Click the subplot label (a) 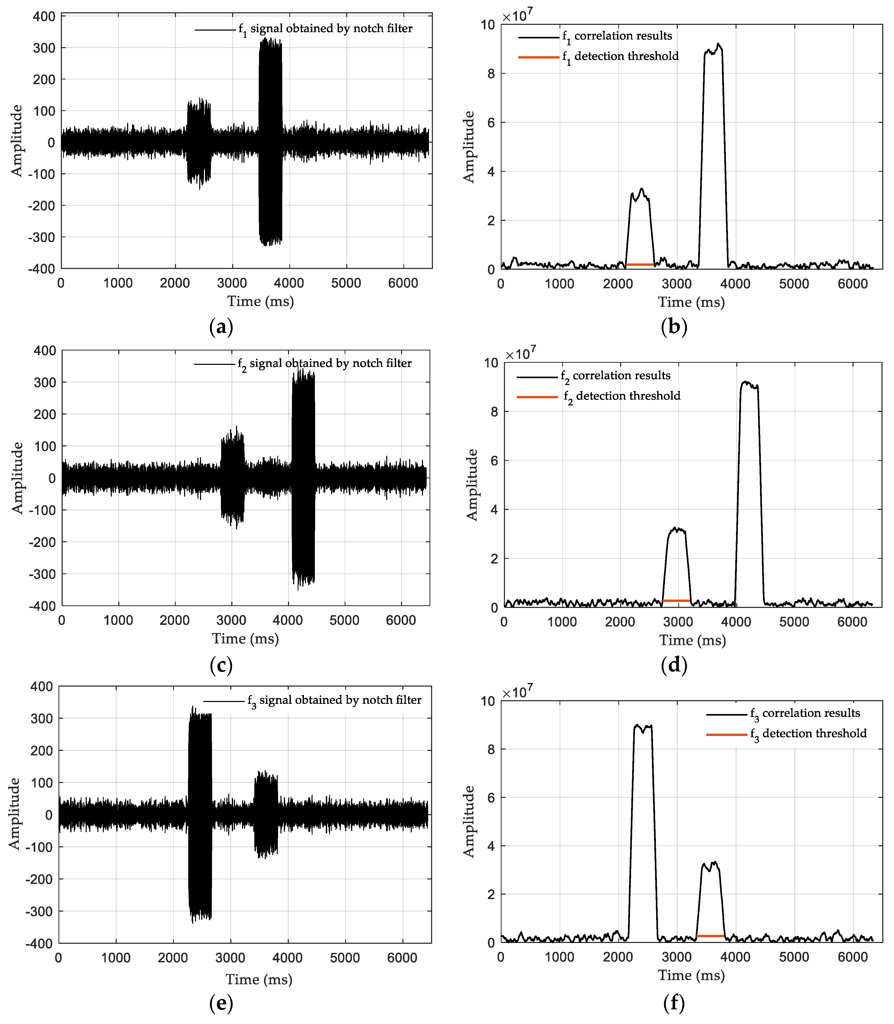(x=221, y=327)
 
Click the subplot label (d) (x=674, y=665)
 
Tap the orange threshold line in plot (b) (x=640, y=264)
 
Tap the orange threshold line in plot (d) (x=676, y=601)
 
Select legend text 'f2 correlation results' (x=621, y=376)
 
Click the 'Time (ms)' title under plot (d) (x=692, y=640)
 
